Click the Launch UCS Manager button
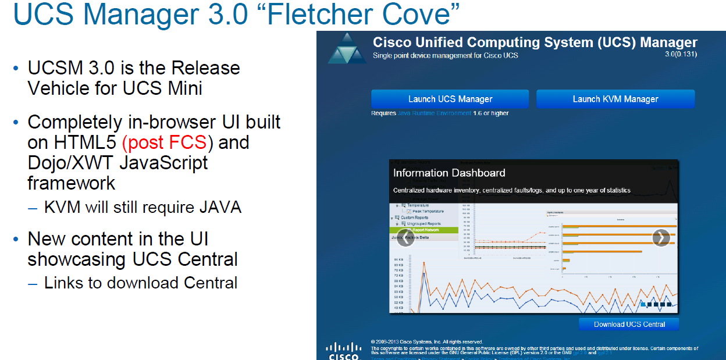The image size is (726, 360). [450, 99]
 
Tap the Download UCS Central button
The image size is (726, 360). [629, 324]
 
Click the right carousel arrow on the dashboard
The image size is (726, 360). [661, 237]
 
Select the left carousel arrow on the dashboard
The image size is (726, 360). [405, 237]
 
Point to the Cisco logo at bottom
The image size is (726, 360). [343, 351]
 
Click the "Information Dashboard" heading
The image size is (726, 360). [449, 173]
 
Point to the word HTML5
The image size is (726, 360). [72, 142]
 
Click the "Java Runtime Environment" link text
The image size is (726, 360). [434, 113]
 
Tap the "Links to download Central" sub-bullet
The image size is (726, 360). [141, 283]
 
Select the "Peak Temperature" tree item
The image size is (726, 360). [428, 211]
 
